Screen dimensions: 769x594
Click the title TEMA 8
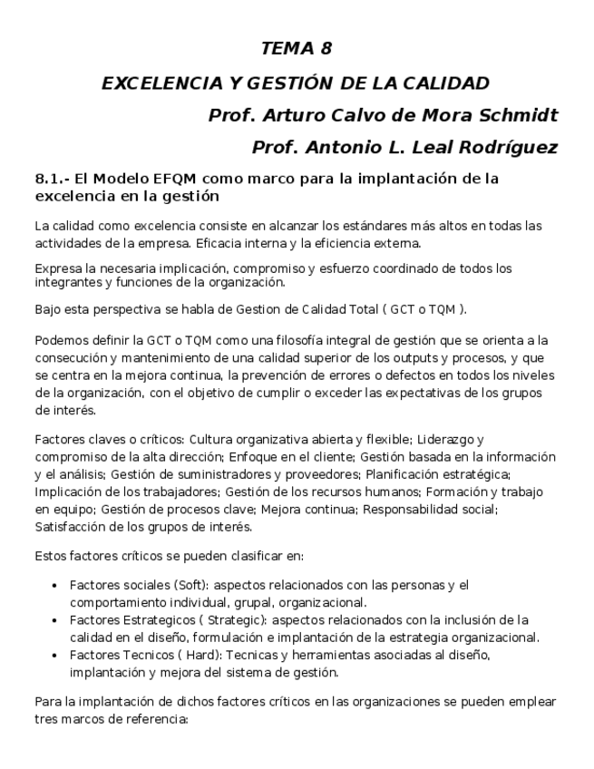pyautogui.click(x=296, y=49)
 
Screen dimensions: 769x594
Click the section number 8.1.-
pyautogui.click(x=52, y=179)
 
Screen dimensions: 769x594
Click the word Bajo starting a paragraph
pyautogui.click(x=49, y=309)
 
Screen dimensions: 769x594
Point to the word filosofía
pyautogui.click(x=299, y=341)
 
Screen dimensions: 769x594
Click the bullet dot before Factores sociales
pyautogui.click(x=56, y=587)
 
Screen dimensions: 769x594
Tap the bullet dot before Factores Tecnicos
pyautogui.click(x=56, y=656)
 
